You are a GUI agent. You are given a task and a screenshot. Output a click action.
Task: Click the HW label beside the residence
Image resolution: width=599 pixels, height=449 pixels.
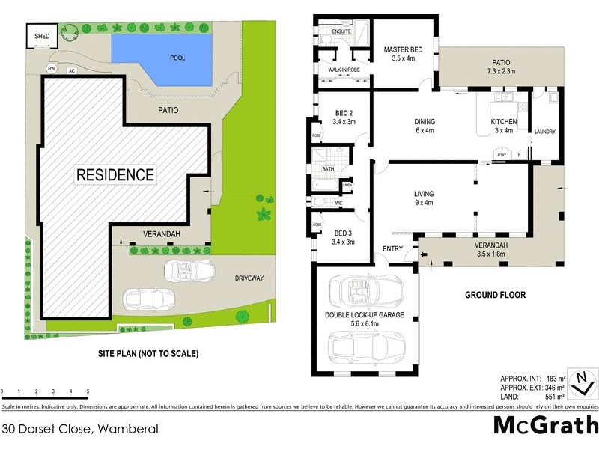pos(52,70)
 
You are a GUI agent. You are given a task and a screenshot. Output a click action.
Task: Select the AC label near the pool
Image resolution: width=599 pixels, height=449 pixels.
pos(72,71)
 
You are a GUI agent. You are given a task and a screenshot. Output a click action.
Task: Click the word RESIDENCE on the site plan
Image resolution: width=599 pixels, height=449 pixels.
pos(115,175)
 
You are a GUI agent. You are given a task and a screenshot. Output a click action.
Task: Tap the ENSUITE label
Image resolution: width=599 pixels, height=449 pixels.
pos(332,31)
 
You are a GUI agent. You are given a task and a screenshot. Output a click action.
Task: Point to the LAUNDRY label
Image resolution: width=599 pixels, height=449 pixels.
pos(544,132)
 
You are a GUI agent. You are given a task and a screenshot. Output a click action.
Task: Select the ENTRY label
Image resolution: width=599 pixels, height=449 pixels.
pos(392,248)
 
